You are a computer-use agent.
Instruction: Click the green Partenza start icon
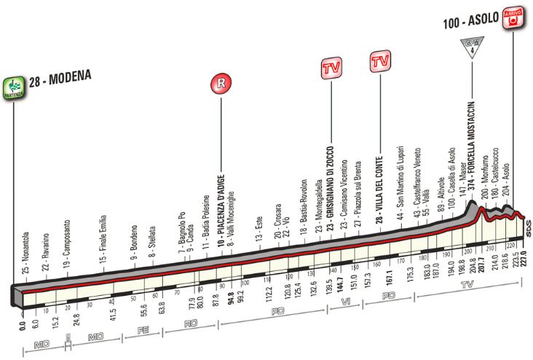point(13,87)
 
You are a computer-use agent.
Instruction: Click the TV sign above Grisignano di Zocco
point(331,69)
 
